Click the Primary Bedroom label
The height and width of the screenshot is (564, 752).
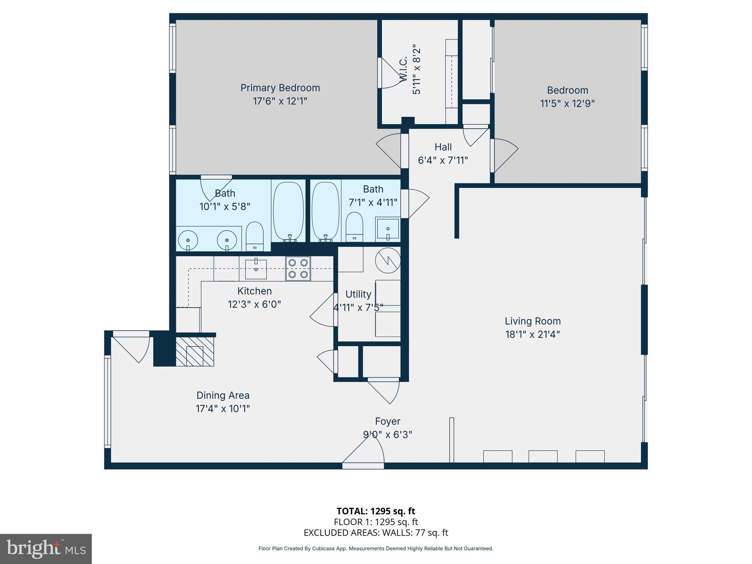click(x=280, y=88)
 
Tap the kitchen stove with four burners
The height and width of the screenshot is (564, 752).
click(x=298, y=268)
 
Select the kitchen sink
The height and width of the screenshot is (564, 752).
click(x=256, y=269)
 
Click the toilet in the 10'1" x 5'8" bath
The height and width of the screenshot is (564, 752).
click(x=254, y=236)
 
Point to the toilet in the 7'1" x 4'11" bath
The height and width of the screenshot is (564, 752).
click(x=354, y=227)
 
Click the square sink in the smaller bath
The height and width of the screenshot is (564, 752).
click(x=388, y=229)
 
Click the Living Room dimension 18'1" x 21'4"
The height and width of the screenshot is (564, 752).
click(x=532, y=335)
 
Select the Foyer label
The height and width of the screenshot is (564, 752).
click(x=387, y=421)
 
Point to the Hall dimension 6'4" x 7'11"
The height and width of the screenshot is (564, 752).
click(x=443, y=160)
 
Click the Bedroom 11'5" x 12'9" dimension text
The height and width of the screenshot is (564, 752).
click(x=567, y=104)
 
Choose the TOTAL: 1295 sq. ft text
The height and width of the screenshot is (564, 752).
click(x=376, y=511)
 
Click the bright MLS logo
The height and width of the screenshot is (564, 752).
click(x=46, y=549)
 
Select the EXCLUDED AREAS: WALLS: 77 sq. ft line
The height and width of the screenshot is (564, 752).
click(x=376, y=533)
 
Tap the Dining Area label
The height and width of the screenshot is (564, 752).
click(x=223, y=395)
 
